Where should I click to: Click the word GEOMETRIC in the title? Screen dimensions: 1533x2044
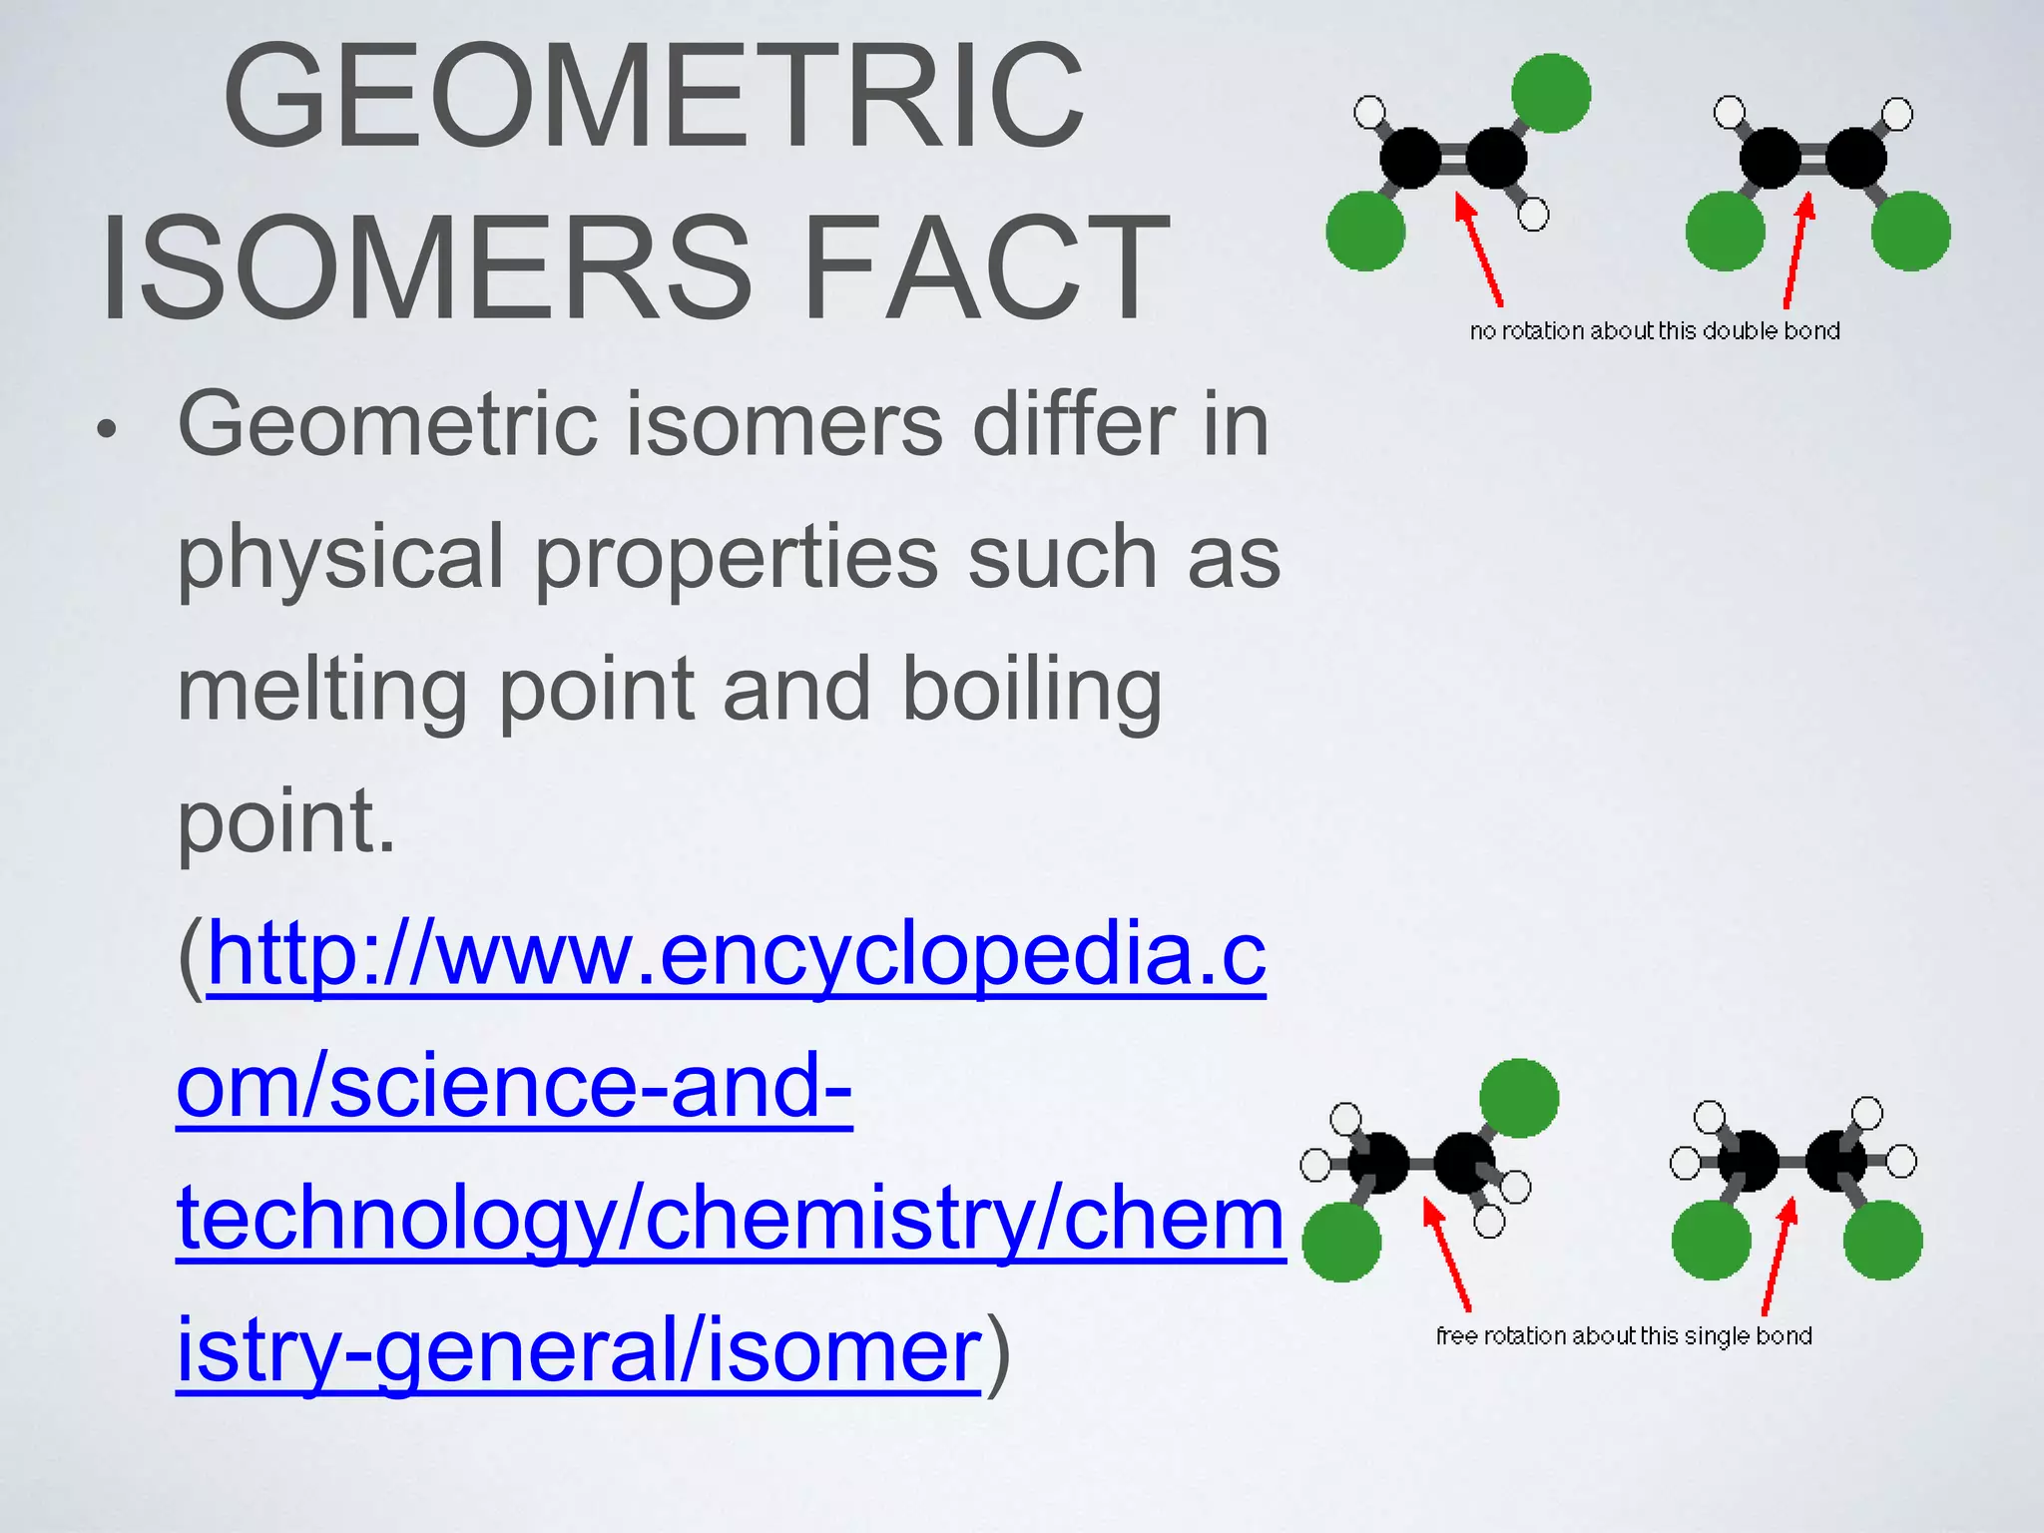pos(654,97)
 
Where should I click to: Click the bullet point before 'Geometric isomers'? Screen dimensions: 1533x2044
pos(107,431)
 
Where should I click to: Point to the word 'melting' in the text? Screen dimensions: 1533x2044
pos(321,691)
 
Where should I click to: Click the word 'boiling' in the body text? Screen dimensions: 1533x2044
pos(1032,691)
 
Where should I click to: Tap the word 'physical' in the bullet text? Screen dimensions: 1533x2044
pos(340,559)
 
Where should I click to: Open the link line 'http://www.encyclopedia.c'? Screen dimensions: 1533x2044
pos(737,955)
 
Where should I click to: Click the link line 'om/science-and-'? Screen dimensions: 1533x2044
pos(514,1087)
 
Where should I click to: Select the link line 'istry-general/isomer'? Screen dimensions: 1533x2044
pos(579,1350)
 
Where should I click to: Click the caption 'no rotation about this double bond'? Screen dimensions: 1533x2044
pos(1655,331)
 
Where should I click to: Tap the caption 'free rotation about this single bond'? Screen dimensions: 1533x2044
pos(1624,1336)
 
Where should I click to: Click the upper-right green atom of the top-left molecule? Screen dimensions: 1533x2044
pos(1551,93)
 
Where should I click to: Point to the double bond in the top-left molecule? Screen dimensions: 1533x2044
pos(1454,159)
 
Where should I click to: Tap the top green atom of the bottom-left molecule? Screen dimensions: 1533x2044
pos(1519,1098)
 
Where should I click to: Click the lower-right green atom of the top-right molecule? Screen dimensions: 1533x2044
pos(1910,232)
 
